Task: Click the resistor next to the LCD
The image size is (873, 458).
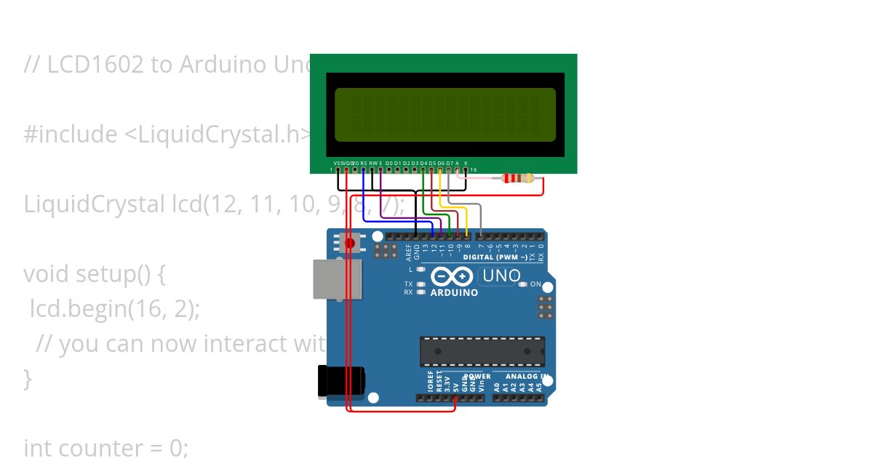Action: click(518, 179)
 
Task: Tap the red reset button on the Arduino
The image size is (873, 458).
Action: click(350, 242)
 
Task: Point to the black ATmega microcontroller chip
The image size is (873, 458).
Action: click(482, 351)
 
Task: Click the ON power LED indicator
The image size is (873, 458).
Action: click(523, 284)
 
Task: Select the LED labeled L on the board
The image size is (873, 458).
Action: click(421, 270)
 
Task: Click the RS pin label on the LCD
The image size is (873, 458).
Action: click(363, 163)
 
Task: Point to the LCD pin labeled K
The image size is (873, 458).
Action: click(466, 163)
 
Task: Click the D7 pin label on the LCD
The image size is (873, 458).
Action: click(449, 163)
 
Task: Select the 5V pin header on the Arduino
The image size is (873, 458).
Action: click(455, 398)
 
